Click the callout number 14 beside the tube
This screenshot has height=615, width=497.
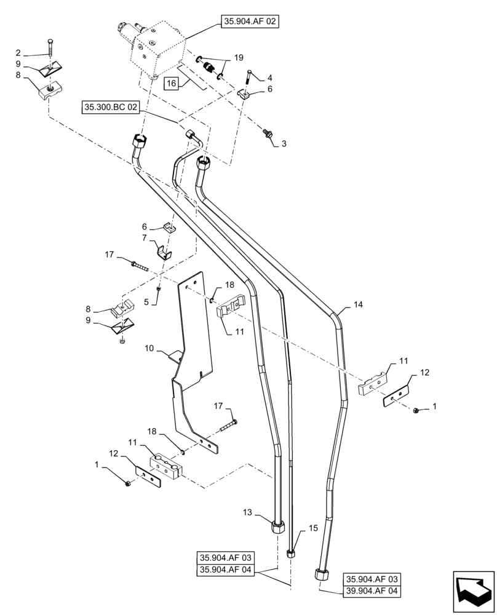pyautogui.click(x=358, y=304)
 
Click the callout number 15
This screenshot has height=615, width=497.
pyautogui.click(x=313, y=528)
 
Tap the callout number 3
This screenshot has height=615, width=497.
pyautogui.click(x=284, y=144)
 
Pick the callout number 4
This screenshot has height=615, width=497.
pyautogui.click(x=268, y=78)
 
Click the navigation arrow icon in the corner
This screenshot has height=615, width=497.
pyautogui.click(x=474, y=590)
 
